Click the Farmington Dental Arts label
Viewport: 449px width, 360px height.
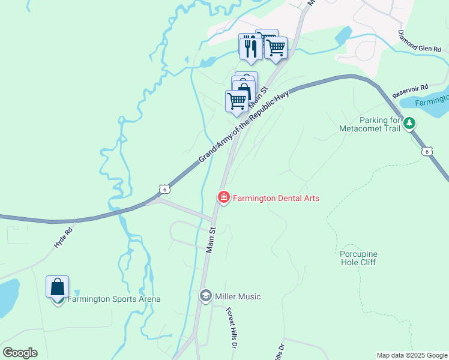click(276, 197)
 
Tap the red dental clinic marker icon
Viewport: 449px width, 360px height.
click(224, 197)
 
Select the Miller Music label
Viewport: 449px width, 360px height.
click(238, 296)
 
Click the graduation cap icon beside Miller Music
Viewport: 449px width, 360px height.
click(206, 296)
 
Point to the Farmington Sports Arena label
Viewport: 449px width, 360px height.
click(114, 299)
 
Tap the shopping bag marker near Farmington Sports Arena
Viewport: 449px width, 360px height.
click(58, 287)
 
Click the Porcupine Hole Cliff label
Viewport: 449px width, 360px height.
click(358, 258)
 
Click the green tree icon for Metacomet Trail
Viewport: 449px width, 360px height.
click(409, 124)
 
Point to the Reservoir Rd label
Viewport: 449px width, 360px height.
click(410, 91)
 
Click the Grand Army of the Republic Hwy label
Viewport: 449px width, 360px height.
click(244, 127)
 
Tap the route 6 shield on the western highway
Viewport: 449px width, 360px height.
click(164, 189)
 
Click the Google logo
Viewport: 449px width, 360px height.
click(20, 353)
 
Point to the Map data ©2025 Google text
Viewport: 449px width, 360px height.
click(412, 355)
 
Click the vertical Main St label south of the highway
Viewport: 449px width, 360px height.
click(211, 239)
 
